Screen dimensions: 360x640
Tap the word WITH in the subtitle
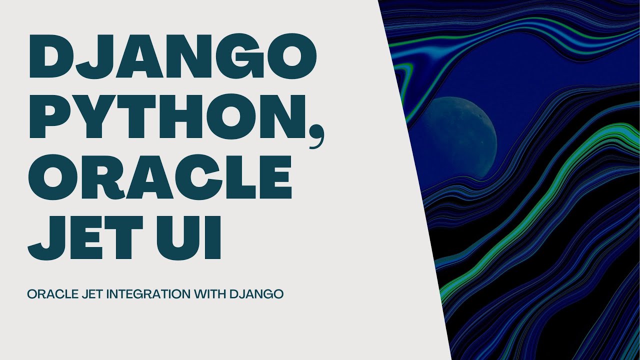click(210, 294)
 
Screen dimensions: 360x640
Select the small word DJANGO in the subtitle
click(256, 294)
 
